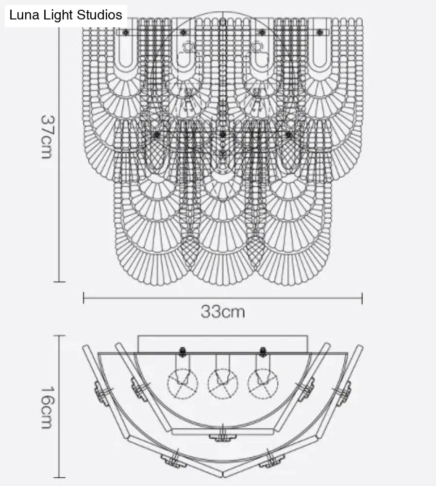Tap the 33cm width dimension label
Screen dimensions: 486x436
click(x=222, y=312)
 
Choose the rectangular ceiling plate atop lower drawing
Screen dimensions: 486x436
click(x=223, y=343)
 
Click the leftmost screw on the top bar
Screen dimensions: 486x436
click(x=126, y=33)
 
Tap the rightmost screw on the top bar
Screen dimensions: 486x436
click(x=319, y=33)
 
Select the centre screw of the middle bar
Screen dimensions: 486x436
click(x=222, y=134)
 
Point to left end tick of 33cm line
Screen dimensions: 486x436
click(x=84, y=298)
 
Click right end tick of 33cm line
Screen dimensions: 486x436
click(x=362, y=298)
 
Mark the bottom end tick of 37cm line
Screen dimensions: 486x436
click(x=59, y=281)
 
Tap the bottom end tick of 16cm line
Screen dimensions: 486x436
click(x=59, y=478)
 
